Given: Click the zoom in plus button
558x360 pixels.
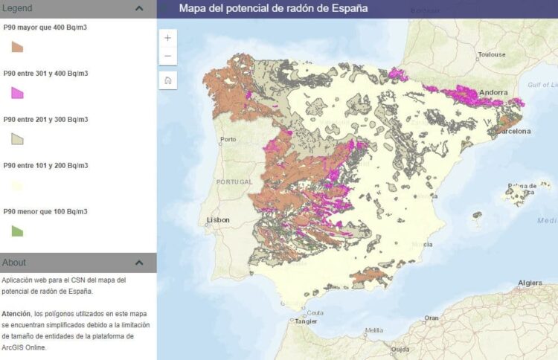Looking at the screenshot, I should [167, 38].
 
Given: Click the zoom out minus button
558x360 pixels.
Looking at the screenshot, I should [167, 57].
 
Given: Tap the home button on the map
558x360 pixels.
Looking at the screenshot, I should [167, 80].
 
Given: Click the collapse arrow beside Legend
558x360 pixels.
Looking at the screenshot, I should [139, 8].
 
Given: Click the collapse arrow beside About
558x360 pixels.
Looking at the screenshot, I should [139, 263].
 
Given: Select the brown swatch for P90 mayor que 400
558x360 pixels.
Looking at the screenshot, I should [17, 46].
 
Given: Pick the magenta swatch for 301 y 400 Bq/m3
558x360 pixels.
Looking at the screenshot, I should [17, 92].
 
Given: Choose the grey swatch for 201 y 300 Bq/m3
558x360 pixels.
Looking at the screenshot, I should [17, 138].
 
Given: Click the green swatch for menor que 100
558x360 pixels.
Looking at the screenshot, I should [17, 231].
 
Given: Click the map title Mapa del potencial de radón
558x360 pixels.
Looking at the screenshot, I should [273, 9].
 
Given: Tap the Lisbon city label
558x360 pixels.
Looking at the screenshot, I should [219, 220].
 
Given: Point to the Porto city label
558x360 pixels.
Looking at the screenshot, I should [227, 139].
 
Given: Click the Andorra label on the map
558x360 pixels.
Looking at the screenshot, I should [493, 93].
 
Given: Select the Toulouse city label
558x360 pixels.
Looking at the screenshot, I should [492, 54].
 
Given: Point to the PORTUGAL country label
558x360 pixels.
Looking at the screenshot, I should [234, 181].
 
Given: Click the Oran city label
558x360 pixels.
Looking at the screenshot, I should [432, 318].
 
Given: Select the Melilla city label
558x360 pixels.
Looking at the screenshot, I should [373, 330].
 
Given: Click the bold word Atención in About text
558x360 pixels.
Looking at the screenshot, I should [16, 314].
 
